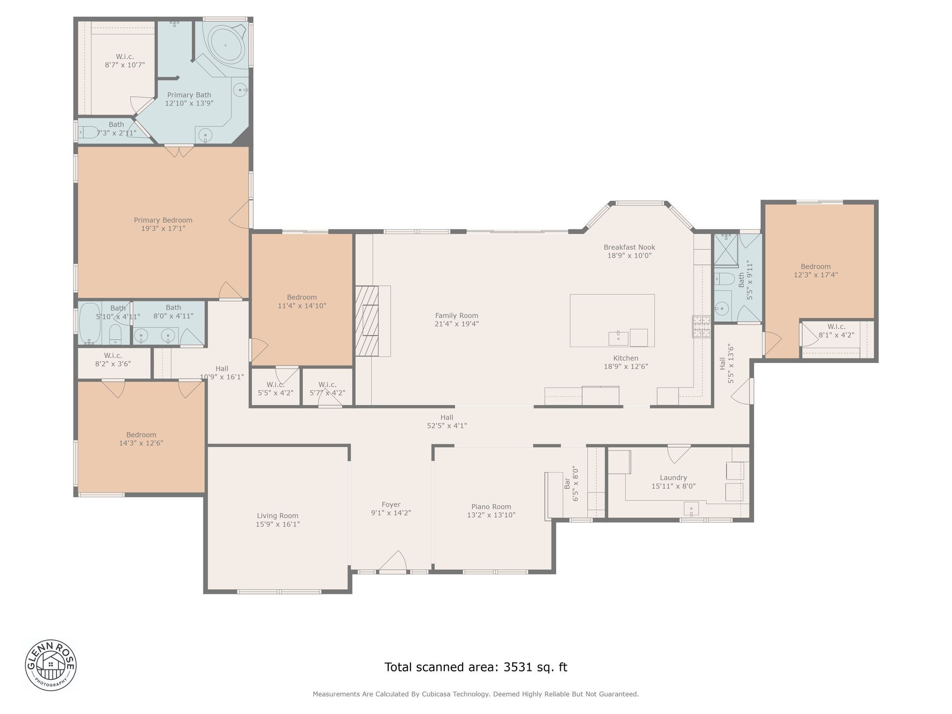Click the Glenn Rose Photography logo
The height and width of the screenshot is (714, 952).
(51, 664)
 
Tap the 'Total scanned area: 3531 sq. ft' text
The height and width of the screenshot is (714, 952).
(476, 667)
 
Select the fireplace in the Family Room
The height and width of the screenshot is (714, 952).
(367, 321)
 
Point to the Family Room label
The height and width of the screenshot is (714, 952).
(457, 315)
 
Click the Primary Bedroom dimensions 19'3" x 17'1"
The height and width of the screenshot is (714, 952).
(163, 229)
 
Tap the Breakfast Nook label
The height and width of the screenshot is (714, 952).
(629, 247)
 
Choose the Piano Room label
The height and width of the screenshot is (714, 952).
(491, 507)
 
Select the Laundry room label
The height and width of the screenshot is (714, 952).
(673, 478)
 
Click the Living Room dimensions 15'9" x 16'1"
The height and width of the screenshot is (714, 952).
(278, 524)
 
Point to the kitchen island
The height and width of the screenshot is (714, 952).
(612, 320)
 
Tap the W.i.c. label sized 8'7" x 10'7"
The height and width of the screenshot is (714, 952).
(125, 57)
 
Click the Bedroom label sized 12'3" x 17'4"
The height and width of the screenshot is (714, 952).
(816, 266)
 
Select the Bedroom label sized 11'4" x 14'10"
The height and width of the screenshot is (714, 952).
(301, 297)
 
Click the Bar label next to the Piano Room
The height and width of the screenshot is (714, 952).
(568, 483)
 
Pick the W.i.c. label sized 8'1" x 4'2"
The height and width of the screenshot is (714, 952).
(836, 327)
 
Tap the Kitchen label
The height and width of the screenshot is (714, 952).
(626, 358)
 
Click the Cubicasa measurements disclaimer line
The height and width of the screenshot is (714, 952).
(476, 694)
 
